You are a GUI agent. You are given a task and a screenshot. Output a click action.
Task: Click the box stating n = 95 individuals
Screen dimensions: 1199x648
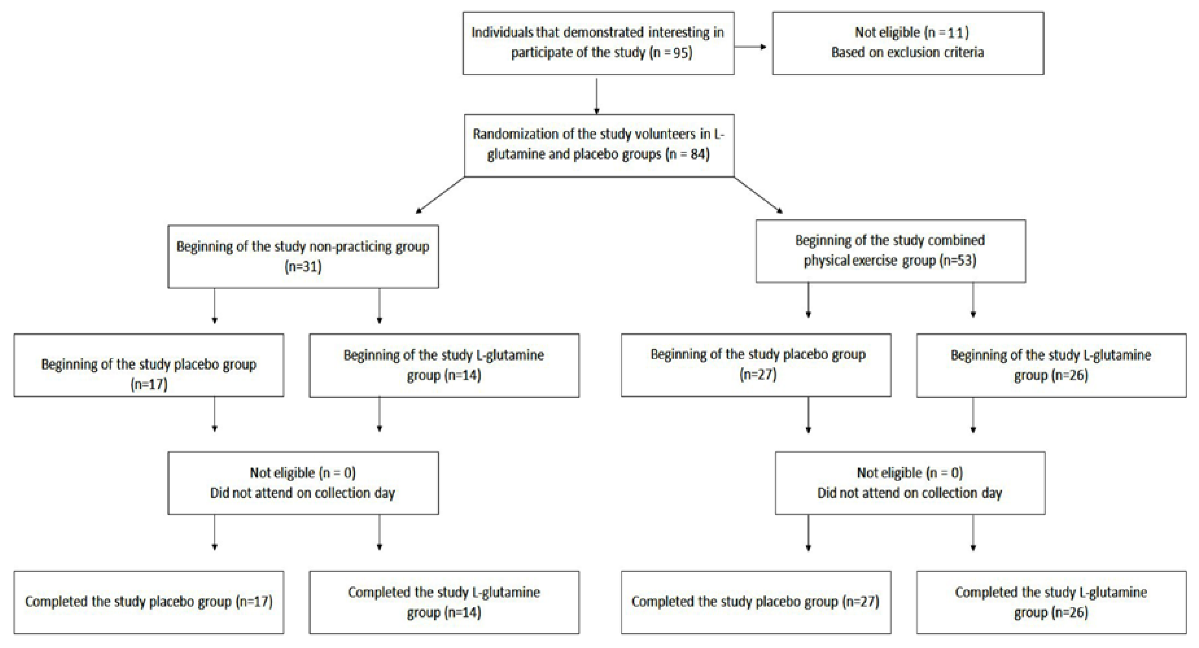click(599, 43)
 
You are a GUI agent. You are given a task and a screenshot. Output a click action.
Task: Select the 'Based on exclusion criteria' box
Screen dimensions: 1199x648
click(908, 43)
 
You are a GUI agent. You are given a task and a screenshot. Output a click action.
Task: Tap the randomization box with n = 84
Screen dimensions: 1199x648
click(599, 145)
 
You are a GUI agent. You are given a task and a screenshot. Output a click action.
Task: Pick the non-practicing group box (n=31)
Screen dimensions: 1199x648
click(303, 257)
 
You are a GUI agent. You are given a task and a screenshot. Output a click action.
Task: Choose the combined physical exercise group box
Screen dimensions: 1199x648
click(890, 251)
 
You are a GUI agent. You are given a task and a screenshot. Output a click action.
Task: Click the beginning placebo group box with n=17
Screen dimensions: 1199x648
click(149, 365)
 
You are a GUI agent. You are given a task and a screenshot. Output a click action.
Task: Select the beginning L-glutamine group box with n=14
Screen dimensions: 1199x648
click(444, 366)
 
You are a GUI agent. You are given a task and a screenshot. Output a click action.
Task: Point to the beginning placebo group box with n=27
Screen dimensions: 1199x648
click(756, 365)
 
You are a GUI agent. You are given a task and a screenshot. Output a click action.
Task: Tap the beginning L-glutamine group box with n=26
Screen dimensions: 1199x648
click(1051, 366)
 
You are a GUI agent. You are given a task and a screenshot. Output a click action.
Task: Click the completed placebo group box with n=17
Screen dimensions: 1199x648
click(149, 602)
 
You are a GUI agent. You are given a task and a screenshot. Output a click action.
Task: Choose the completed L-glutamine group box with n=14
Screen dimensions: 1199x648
click(444, 602)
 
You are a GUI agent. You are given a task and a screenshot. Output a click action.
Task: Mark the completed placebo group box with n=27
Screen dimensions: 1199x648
click(756, 602)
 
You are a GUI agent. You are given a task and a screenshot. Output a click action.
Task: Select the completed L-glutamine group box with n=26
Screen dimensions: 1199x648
click(1051, 602)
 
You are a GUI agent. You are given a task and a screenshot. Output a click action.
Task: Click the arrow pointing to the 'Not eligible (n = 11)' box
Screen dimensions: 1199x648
click(750, 47)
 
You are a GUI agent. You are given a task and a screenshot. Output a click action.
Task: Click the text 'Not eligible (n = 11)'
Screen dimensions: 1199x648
click(912, 32)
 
